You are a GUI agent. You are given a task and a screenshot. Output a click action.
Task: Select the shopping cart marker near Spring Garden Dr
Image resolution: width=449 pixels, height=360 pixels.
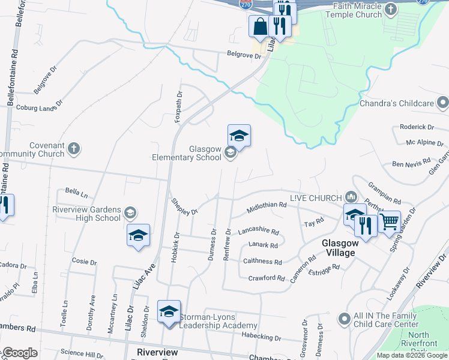point(389,223)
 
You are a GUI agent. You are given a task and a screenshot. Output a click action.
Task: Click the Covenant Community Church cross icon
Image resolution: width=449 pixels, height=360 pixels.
point(74,148)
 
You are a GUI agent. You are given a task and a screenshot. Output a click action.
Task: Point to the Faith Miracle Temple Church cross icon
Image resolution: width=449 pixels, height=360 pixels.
point(391,10)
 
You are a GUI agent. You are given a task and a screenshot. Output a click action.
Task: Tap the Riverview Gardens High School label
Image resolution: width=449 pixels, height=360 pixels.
point(86,214)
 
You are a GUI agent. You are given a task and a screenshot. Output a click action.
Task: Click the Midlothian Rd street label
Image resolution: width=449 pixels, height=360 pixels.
point(267,207)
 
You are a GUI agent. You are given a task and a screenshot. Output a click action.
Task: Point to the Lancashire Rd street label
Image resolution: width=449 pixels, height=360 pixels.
point(258,231)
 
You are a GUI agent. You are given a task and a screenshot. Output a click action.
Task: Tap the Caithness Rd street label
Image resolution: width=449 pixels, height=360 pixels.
point(262,262)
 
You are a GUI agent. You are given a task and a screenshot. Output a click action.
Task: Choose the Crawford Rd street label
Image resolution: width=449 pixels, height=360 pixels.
point(267,278)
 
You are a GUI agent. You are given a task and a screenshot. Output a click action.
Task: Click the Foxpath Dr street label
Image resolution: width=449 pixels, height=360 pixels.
point(178,107)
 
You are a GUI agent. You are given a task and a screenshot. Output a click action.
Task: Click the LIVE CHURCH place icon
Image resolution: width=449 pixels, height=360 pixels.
point(351,197)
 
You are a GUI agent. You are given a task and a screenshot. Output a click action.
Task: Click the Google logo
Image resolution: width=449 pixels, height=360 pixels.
point(21,353)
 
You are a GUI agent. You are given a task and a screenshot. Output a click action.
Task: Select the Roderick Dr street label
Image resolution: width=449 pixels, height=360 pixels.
point(417,127)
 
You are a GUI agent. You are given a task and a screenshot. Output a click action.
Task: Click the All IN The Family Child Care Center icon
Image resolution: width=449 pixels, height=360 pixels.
point(343,318)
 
